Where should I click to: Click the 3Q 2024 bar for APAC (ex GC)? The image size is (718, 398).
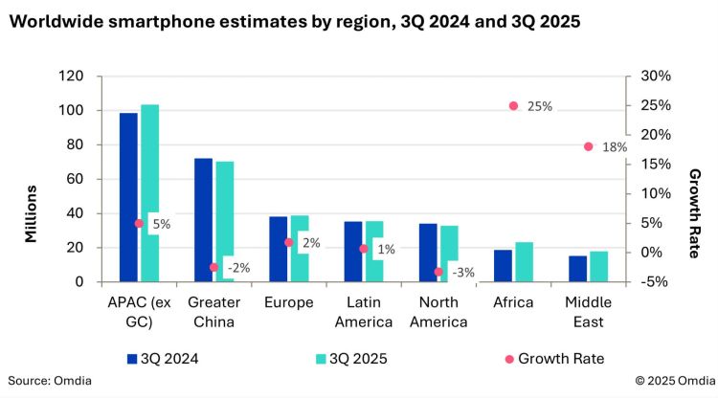pos(128,197)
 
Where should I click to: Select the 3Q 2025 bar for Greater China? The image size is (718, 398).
pos(225,221)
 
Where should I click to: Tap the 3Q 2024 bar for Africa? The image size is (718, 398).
pos(503,266)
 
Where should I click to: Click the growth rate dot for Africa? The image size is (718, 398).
pos(513,106)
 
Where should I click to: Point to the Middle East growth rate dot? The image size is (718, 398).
pos(588,146)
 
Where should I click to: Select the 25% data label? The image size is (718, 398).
pos(540,106)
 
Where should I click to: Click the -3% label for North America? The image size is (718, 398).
pos(462,272)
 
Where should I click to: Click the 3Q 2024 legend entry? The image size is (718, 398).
pos(168,359)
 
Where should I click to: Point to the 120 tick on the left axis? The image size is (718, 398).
pos(72,77)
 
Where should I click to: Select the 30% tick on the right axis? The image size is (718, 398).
pos(648,77)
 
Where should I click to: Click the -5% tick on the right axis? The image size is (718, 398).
pos(648,282)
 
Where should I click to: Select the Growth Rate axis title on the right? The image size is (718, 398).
pos(695,213)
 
